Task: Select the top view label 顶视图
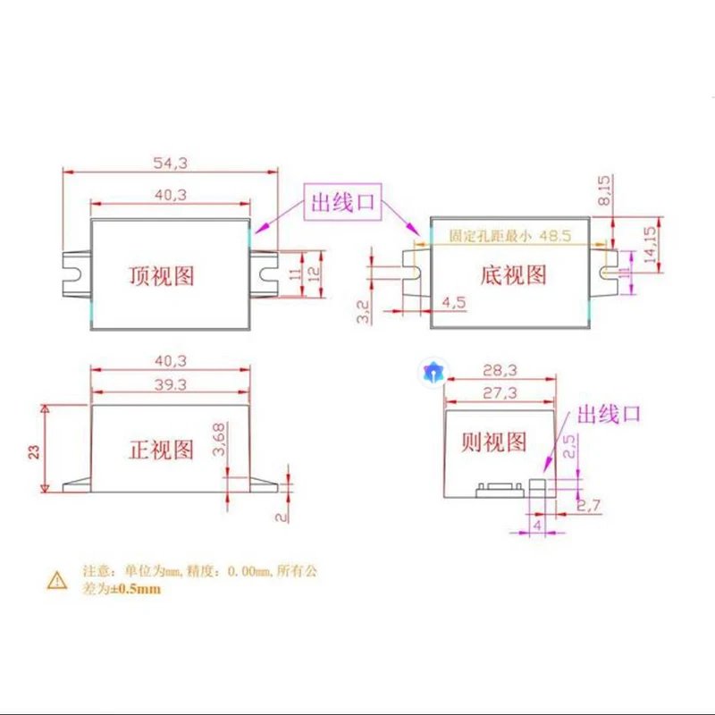[162, 274]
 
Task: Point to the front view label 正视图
[162, 449]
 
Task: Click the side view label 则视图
[493, 442]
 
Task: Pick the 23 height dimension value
[34, 450]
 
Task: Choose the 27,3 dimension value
[501, 393]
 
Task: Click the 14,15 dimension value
[650, 242]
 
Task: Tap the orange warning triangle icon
[57, 580]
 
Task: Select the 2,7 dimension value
[588, 507]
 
